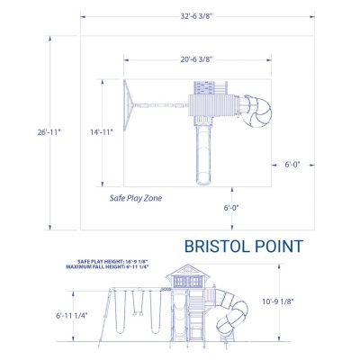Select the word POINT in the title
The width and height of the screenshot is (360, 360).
277,246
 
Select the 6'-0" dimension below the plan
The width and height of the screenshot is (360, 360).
233,208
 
